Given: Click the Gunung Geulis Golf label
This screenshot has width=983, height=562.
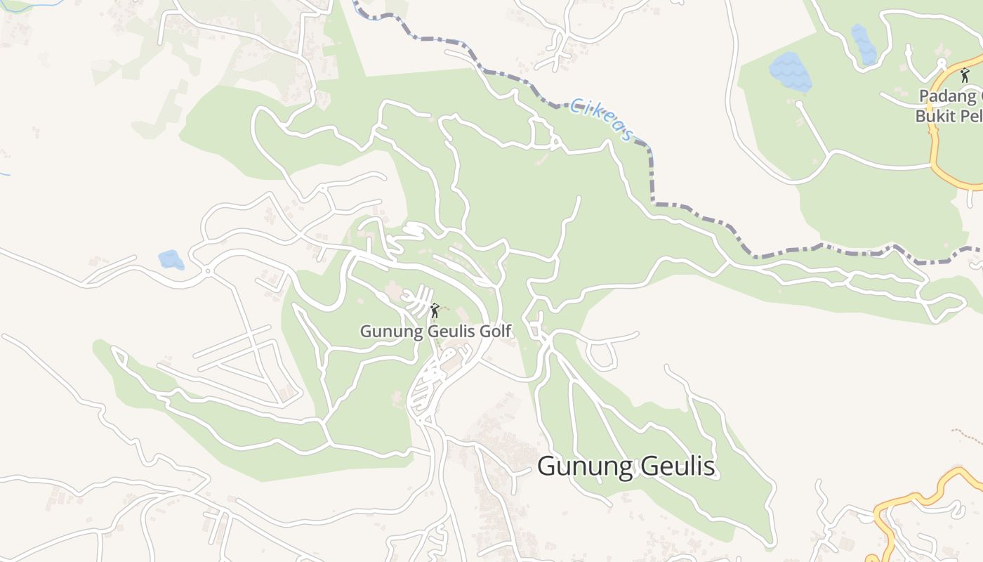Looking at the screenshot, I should pyautogui.click(x=436, y=331).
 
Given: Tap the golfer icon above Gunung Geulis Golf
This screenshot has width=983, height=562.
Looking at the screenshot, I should pyautogui.click(x=435, y=310).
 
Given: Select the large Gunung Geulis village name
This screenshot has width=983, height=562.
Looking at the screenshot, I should pyautogui.click(x=626, y=466).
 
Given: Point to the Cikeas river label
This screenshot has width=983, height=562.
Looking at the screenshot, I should pyautogui.click(x=602, y=119).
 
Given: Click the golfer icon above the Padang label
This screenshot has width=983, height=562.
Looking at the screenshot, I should pyautogui.click(x=965, y=75).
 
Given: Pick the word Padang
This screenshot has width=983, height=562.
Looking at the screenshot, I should pyautogui.click(x=947, y=96).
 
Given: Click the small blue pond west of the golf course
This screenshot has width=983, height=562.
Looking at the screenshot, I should pyautogui.click(x=171, y=260).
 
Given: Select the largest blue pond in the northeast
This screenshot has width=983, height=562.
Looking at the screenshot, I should pyautogui.click(x=791, y=72).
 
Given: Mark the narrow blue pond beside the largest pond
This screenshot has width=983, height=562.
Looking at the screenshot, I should pyautogui.click(x=863, y=44).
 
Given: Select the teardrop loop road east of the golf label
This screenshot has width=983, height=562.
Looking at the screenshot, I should pyautogui.click(x=601, y=356).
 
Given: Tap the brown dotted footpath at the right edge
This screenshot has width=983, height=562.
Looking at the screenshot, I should pyautogui.click(x=969, y=435).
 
